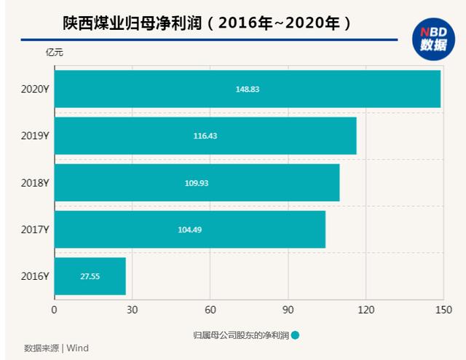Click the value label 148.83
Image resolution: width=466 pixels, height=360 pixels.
248,89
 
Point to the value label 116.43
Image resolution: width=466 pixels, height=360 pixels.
206,136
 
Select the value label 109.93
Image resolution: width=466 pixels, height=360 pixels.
197,183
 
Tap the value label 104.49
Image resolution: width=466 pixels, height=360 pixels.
190,230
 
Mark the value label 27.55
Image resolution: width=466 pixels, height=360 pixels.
90,277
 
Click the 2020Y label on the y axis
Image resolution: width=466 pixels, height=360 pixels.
35,89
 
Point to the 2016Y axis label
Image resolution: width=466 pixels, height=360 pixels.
35,276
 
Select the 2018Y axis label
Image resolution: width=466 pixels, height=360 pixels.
35,182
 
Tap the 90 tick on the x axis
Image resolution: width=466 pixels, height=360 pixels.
288,310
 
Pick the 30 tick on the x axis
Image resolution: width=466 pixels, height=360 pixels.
132,310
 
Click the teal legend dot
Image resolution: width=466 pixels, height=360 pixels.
295,335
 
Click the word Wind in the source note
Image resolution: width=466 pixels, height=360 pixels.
77,348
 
